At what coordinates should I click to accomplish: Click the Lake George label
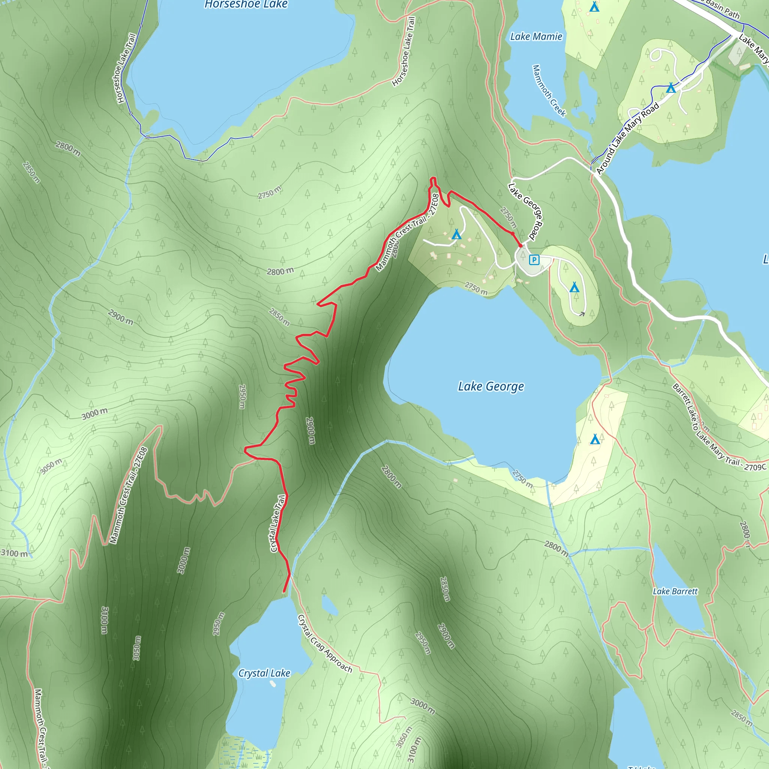click(491, 386)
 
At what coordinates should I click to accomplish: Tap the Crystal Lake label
click(264, 673)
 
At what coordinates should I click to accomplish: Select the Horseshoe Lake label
click(246, 5)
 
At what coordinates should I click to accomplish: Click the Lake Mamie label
click(536, 37)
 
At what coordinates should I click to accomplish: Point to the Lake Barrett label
click(675, 591)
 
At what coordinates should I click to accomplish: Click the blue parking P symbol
click(534, 260)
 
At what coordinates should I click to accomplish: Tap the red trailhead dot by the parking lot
click(520, 246)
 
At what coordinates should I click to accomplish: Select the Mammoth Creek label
click(549, 91)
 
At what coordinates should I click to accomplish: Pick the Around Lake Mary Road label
click(627, 139)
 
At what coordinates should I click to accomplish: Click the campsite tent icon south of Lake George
click(595, 439)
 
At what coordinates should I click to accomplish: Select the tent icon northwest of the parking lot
click(457, 234)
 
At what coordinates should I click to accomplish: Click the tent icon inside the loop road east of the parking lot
click(574, 287)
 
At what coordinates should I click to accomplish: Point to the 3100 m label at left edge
click(14, 553)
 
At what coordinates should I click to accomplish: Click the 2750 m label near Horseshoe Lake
click(270, 193)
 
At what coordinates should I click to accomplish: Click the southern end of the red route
click(284, 591)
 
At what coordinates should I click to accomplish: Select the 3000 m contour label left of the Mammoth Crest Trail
click(95, 413)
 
